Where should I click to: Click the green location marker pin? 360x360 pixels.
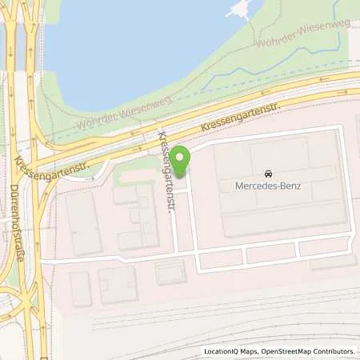click(x=181, y=161)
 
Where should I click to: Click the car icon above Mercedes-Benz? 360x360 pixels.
click(x=266, y=174)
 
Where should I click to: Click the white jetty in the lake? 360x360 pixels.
click(x=238, y=10)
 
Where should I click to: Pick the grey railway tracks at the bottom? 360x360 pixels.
click(x=240, y=320)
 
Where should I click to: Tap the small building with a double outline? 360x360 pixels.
click(x=170, y=272)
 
